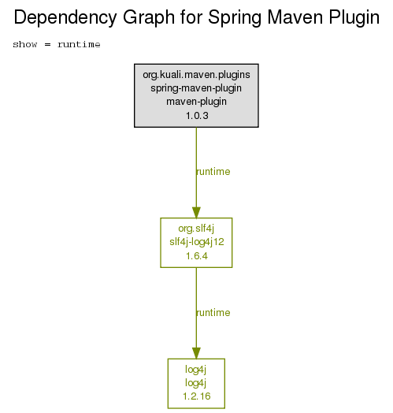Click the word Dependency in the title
pyautogui.click(x=65, y=18)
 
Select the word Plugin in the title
pyautogui.click(x=354, y=18)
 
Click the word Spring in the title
pyautogui.click(x=234, y=18)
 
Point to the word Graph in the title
pyautogui.click(x=149, y=18)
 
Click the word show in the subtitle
pyautogui.click(x=25, y=44)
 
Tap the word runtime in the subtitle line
pyautogui.click(x=79, y=44)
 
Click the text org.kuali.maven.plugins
pyautogui.click(x=196, y=75)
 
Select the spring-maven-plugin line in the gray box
pyautogui.click(x=196, y=88)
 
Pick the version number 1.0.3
pyautogui.click(x=197, y=116)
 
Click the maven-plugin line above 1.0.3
pyautogui.click(x=196, y=102)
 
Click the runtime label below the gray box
pyautogui.click(x=213, y=172)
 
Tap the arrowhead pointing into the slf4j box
pyautogui.click(x=196, y=213)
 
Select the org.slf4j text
pyautogui.click(x=196, y=229)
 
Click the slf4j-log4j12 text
pyautogui.click(x=197, y=242)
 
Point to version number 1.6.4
pyautogui.click(x=197, y=256)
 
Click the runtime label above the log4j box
pyautogui.click(x=213, y=313)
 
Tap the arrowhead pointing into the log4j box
pyautogui.click(x=196, y=353)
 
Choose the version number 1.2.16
pyautogui.click(x=197, y=396)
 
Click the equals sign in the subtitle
pyautogui.click(x=47, y=44)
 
